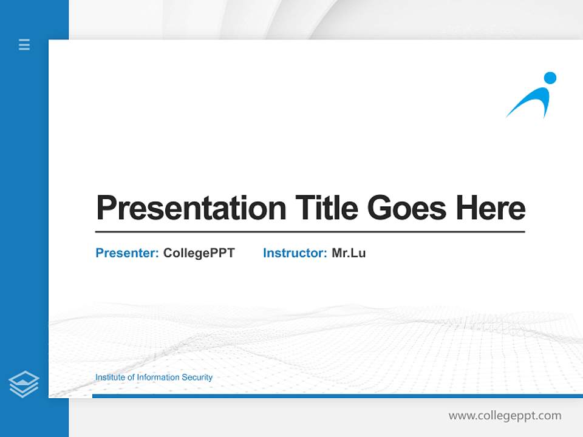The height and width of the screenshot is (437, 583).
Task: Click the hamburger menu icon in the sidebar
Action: pos(24,44)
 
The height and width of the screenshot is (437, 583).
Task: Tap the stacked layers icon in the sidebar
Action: pos(24,384)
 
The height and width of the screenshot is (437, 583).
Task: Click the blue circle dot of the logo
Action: pos(550,78)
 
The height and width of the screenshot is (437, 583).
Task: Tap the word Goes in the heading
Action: pos(407,208)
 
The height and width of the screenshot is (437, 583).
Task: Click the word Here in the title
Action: pos(490,208)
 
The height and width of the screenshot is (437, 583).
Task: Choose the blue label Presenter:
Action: pos(127,253)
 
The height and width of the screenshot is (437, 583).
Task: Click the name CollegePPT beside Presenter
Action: pos(199,253)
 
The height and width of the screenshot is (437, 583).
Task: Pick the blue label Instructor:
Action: pos(295,253)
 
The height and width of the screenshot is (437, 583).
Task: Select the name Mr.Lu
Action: pos(349,253)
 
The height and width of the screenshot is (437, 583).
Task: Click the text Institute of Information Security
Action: pos(154,378)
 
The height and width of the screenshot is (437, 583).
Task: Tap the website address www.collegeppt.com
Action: pos(505,416)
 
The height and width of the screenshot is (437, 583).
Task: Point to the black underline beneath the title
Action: pos(310,231)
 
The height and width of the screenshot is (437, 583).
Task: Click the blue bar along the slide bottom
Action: pos(334,396)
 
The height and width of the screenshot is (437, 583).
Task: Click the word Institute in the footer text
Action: pos(110,378)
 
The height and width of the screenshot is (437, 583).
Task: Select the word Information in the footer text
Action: pos(158,378)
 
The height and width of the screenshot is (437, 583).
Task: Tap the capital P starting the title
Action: pos(106,208)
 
